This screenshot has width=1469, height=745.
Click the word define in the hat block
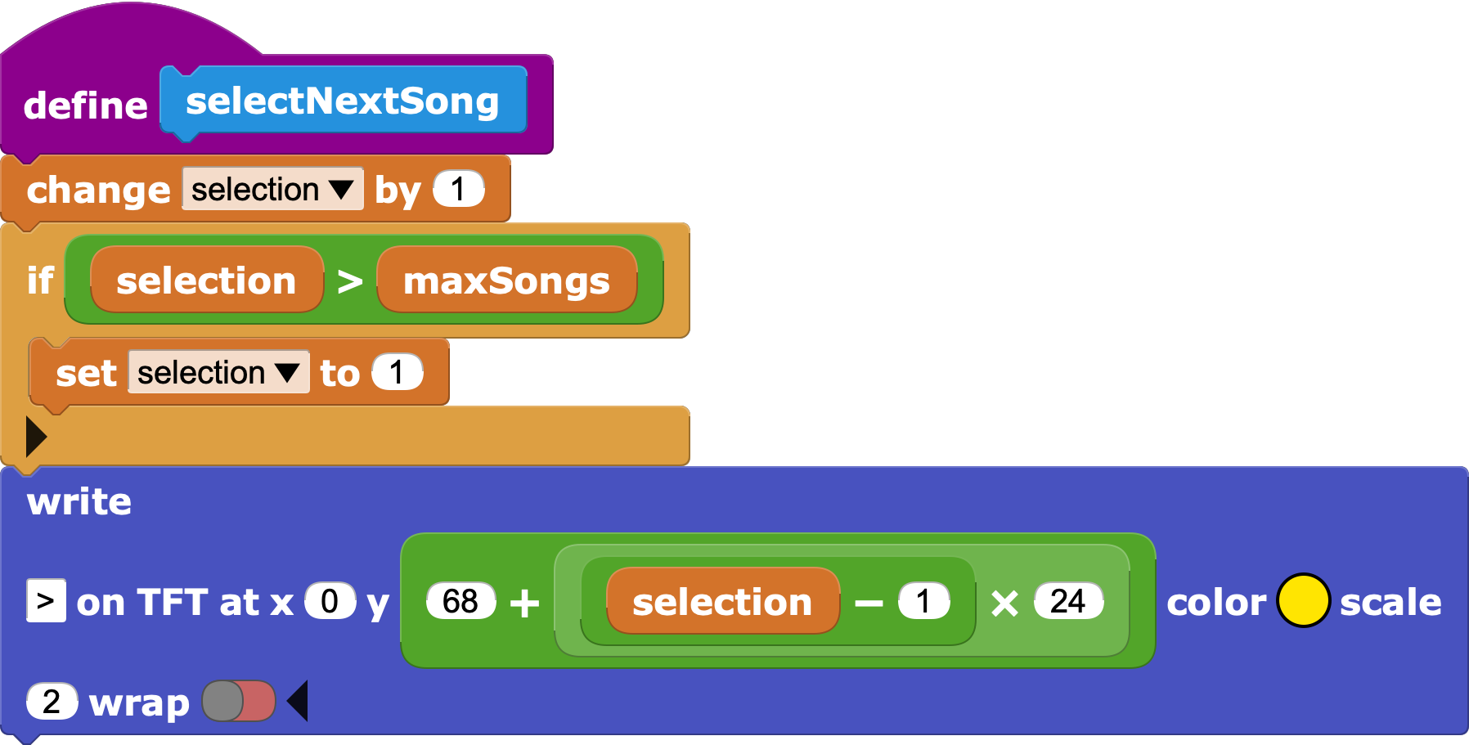(85, 105)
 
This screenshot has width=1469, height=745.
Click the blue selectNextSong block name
(342, 101)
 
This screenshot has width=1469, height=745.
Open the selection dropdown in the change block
(273, 190)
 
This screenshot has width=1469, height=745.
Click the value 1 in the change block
(458, 190)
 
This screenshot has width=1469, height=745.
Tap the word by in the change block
(398, 191)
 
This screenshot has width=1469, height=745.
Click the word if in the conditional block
(40, 281)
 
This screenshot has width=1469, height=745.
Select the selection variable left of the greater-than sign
(206, 281)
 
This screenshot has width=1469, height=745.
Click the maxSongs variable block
(506, 281)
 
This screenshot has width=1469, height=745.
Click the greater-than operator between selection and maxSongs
(350, 282)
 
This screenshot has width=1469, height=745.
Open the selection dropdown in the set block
(218, 373)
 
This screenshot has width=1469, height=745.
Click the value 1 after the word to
(397, 373)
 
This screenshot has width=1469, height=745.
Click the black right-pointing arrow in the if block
(35, 437)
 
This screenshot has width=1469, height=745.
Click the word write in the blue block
(79, 501)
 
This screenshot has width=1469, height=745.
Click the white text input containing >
(46, 601)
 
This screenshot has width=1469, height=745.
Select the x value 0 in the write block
(330, 601)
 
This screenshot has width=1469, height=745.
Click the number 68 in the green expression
(460, 602)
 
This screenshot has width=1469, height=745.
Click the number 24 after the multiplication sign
(1067, 602)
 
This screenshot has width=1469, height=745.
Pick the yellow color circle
(1302, 601)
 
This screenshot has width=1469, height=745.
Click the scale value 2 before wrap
(52, 702)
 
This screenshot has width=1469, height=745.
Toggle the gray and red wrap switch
(239, 702)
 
